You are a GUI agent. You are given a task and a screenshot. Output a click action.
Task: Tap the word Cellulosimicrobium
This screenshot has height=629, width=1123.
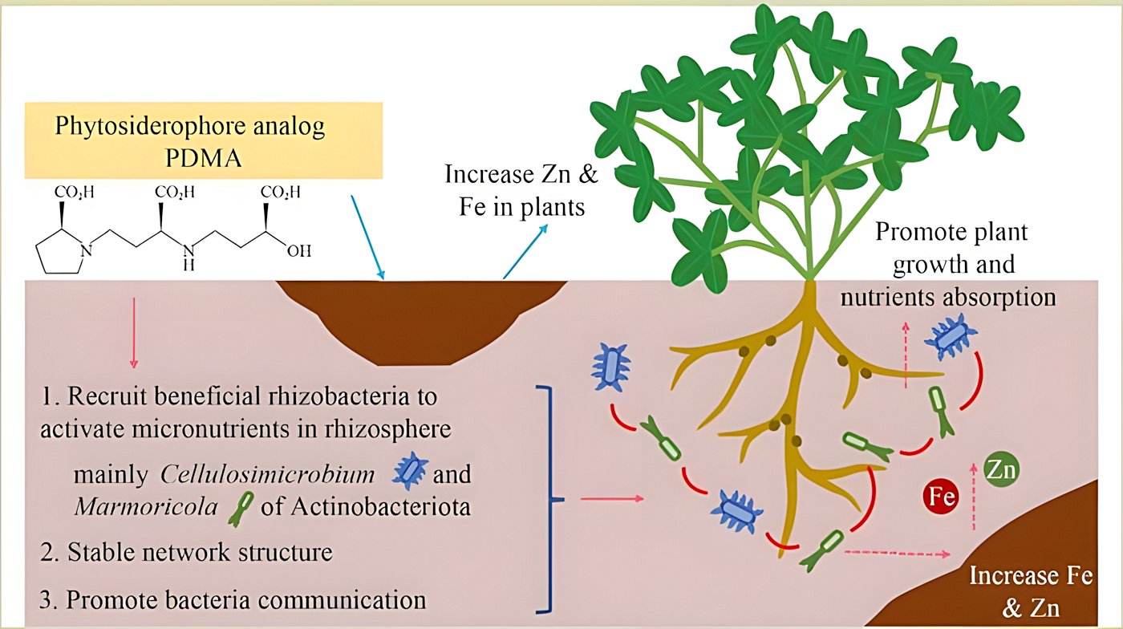tap(267, 474)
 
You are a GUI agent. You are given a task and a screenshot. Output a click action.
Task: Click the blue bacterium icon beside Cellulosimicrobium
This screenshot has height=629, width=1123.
tap(409, 473)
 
